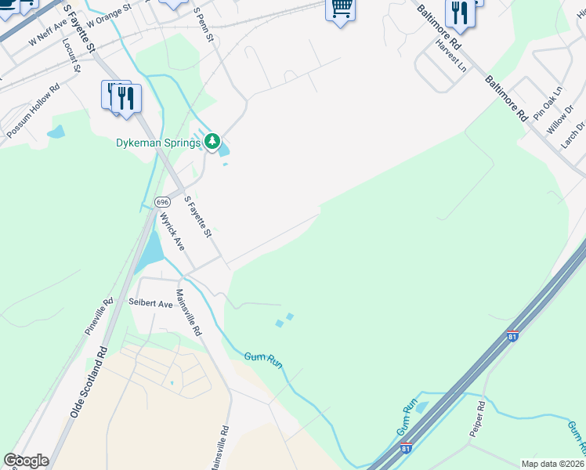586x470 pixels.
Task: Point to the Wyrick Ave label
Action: pyautogui.click(x=172, y=232)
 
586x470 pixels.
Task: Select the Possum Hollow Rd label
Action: pyautogui.click(x=34, y=112)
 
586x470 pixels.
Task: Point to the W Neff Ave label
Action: pyautogui.click(x=49, y=35)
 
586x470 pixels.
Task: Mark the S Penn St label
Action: pyautogui.click(x=203, y=25)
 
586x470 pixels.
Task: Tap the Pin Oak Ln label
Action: pyautogui.click(x=548, y=103)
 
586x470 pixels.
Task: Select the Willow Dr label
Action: pyautogui.click(x=560, y=121)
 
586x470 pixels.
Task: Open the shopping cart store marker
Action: pyautogui.click(x=341, y=9)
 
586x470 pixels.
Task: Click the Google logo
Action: pyautogui.click(x=26, y=461)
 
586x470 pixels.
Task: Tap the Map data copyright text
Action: pyautogui.click(x=552, y=463)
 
